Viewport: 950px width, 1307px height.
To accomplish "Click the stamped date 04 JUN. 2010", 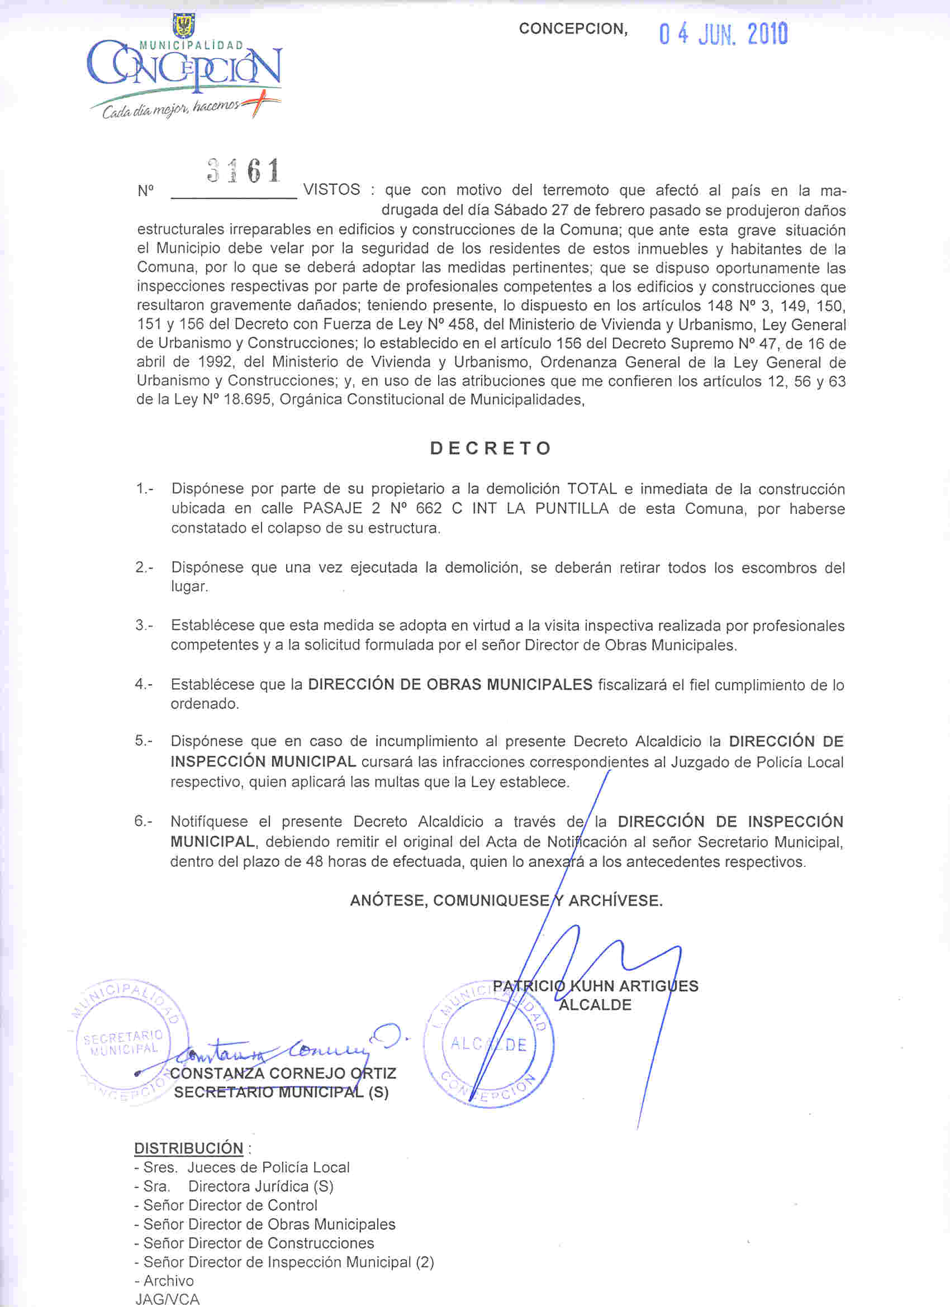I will point(724,35).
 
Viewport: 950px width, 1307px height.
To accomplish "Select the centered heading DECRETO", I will point(491,449).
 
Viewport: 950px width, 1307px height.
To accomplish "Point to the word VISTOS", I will point(331,189).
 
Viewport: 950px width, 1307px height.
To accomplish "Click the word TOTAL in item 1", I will point(592,489).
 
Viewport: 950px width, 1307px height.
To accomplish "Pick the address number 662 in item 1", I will point(429,509).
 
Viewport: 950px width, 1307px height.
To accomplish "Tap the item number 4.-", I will point(144,685).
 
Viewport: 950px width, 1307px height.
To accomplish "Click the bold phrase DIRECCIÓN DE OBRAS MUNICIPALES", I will point(450,685).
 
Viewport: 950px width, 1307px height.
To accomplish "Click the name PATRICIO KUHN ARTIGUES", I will point(596,986).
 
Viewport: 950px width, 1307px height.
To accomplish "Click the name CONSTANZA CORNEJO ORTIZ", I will point(283,1074).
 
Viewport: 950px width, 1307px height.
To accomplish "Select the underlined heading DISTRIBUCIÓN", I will point(188,1148).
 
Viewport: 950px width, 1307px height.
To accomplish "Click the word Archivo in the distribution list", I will point(168,1281).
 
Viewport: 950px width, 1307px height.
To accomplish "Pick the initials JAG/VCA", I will point(167,1300).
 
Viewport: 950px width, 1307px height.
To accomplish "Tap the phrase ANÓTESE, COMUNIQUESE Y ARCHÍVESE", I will point(506,901).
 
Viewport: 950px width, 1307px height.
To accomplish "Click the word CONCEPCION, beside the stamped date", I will point(573,29).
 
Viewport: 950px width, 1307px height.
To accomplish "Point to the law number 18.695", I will point(248,400).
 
